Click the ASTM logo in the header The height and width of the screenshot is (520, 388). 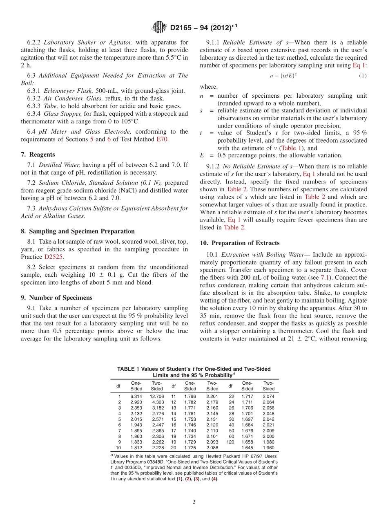[x=159, y=27]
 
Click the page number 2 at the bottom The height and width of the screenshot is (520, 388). [x=194, y=502]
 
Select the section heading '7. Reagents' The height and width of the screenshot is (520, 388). [x=38, y=155]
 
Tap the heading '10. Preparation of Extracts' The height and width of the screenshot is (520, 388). [x=240, y=243]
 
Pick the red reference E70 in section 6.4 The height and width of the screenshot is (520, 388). [x=162, y=139]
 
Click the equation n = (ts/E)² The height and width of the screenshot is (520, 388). [x=283, y=76]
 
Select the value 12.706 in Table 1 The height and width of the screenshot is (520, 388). [x=157, y=397]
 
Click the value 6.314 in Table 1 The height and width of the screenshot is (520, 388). [x=136, y=397]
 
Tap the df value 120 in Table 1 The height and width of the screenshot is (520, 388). [x=230, y=442]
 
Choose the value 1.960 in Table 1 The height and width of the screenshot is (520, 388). [x=268, y=448]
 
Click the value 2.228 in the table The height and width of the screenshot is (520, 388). [x=158, y=448]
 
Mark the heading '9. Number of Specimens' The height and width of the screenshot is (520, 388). [x=56, y=298]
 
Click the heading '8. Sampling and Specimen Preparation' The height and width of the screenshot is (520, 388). [x=78, y=231]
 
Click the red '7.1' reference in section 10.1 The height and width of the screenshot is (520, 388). [x=325, y=278]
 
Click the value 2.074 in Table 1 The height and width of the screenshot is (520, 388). [x=268, y=397]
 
